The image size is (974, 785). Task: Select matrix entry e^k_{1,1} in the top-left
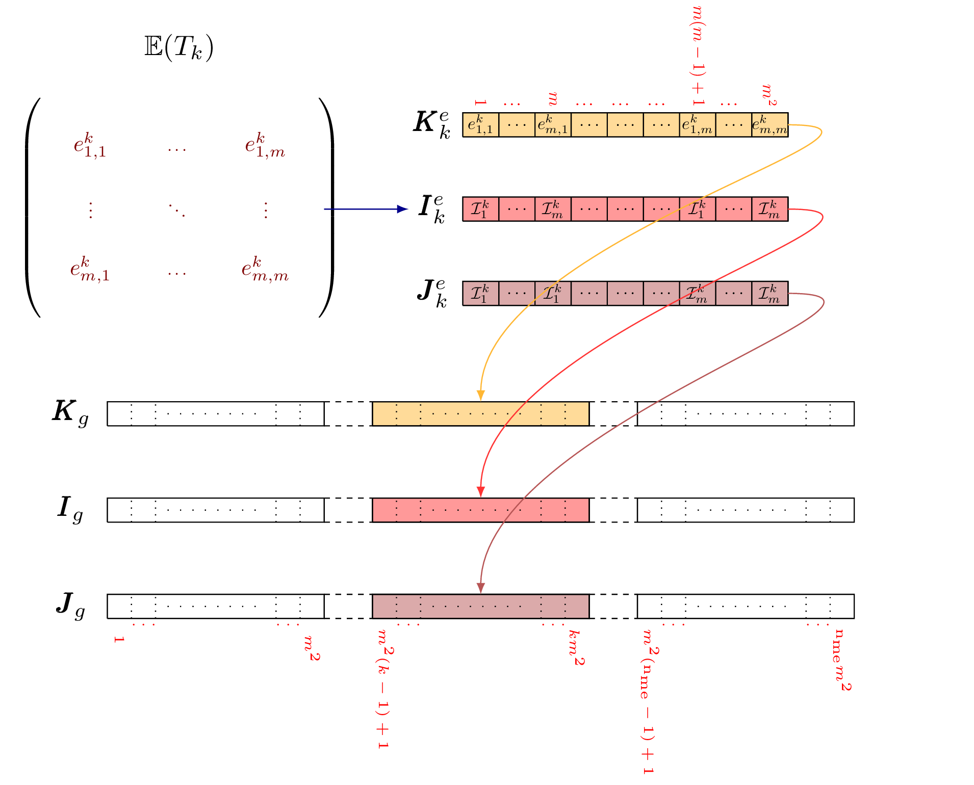pyautogui.click(x=90, y=145)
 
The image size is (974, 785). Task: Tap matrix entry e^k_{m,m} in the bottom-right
pyautogui.click(x=265, y=269)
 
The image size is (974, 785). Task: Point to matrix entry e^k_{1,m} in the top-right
pyautogui.click(x=265, y=145)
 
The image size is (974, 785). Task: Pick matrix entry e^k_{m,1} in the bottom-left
pyautogui.click(x=90, y=269)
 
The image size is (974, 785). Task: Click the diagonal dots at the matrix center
pyautogui.click(x=177, y=210)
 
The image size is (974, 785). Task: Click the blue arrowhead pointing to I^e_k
pyautogui.click(x=403, y=209)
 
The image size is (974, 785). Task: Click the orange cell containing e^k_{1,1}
pyautogui.click(x=480, y=125)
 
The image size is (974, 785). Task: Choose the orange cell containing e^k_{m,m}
pyautogui.click(x=770, y=125)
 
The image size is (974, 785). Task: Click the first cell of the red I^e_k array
pyautogui.click(x=480, y=209)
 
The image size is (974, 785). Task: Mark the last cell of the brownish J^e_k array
pyautogui.click(x=770, y=294)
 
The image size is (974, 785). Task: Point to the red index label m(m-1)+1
pyautogui.click(x=698, y=56)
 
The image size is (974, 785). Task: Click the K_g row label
pyautogui.click(x=71, y=413)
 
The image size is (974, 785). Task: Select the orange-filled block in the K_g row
pyautogui.click(x=481, y=413)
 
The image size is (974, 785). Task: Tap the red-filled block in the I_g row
pyautogui.click(x=481, y=510)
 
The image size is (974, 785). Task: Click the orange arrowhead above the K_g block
pyautogui.click(x=480, y=396)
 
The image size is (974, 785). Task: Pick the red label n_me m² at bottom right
pyautogui.click(x=842, y=660)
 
